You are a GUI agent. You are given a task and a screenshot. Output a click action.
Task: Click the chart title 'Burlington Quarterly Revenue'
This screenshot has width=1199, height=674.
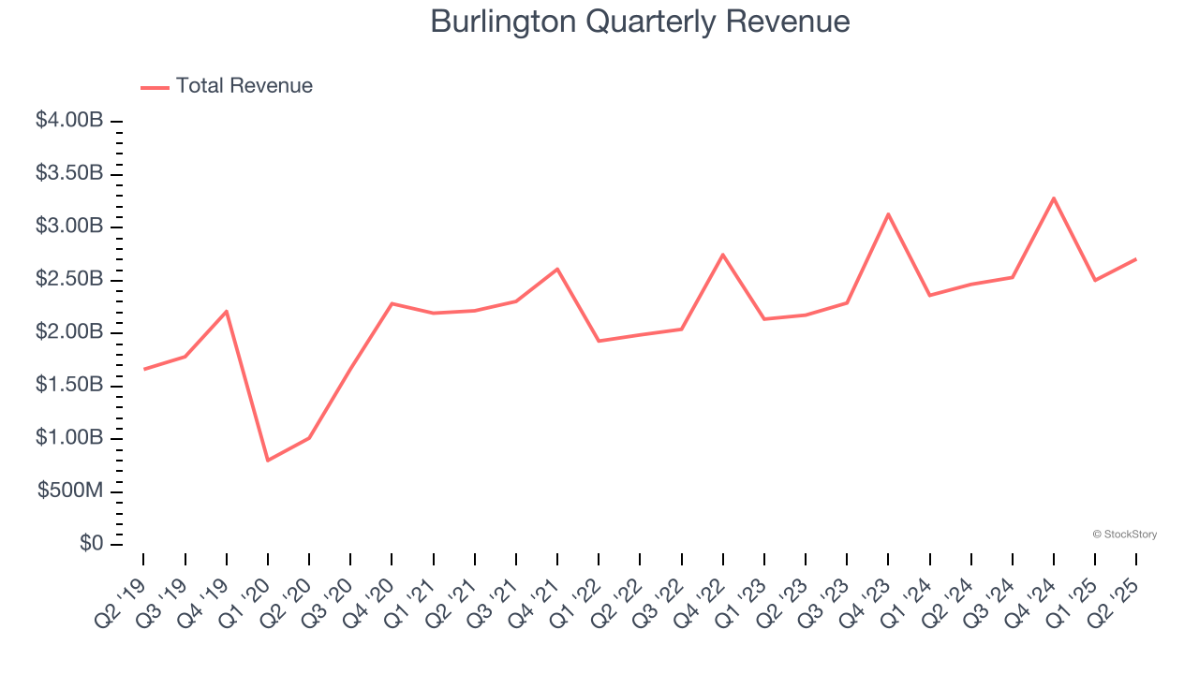(640, 22)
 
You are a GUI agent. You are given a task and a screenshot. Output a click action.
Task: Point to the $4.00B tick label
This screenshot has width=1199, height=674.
(68, 122)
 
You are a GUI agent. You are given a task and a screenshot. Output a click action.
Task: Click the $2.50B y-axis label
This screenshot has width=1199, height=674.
(68, 280)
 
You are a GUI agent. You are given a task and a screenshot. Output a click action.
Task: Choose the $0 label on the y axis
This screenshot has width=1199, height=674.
(89, 544)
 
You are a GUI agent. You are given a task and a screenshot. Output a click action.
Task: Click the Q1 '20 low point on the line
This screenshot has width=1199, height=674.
(268, 461)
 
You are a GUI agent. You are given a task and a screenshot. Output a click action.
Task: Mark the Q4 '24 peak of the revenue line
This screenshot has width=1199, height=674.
(1054, 198)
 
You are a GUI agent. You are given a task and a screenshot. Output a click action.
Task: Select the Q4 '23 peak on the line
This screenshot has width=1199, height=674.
(888, 214)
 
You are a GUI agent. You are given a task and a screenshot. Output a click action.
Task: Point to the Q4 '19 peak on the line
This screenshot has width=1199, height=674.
(227, 311)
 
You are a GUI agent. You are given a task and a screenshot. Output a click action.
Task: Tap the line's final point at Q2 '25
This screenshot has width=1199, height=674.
(1136, 259)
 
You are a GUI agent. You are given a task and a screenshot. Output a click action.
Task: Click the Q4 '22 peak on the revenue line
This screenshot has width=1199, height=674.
(723, 255)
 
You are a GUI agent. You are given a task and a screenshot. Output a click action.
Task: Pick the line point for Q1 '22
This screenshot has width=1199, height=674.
(599, 341)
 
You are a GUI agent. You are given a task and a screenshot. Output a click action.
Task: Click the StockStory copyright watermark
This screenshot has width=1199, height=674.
(1124, 535)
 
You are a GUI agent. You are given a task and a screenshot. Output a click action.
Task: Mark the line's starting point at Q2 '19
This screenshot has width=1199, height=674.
(144, 369)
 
